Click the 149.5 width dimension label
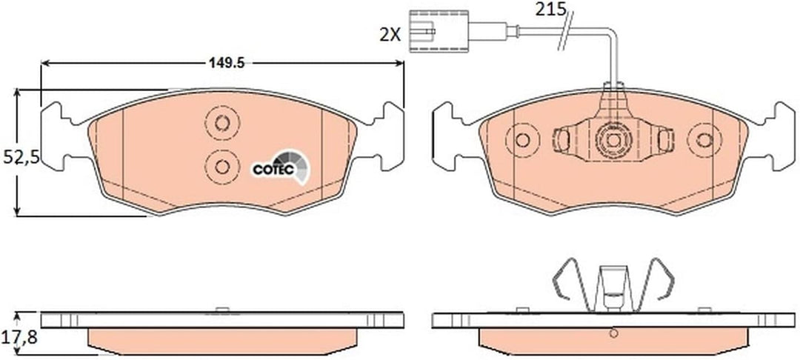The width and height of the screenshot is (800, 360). (x=227, y=63)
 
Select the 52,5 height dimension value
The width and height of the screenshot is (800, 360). (x=21, y=158)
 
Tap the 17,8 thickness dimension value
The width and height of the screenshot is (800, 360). (x=21, y=337)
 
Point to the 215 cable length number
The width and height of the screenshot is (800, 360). (x=550, y=9)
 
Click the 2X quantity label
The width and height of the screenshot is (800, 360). (x=390, y=35)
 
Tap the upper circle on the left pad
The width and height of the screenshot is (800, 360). (x=222, y=123)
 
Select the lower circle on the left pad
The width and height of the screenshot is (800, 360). (x=222, y=167)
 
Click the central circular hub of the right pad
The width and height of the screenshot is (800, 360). (x=613, y=140)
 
